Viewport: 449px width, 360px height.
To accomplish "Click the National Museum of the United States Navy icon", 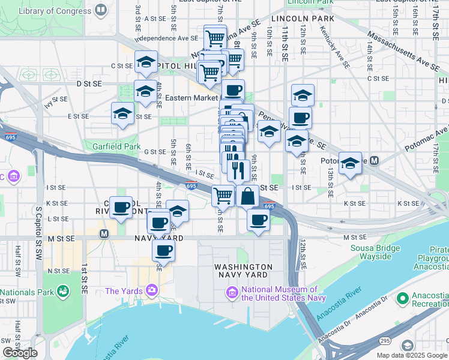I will (x=232, y=292).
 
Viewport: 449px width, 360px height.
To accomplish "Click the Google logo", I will (x=20, y=352).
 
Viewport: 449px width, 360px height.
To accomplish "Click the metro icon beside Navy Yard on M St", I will (x=104, y=233).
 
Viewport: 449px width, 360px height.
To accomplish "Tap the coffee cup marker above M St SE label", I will (x=158, y=223).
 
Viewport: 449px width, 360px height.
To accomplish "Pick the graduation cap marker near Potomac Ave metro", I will (x=350, y=164).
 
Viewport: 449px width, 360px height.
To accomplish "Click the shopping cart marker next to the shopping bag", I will (x=223, y=195).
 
